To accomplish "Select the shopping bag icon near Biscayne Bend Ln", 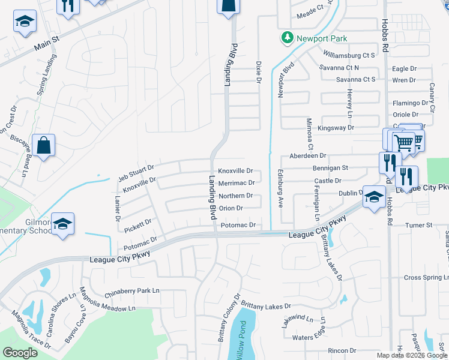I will click(x=44, y=145).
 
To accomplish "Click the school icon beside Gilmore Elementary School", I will click(x=63, y=224).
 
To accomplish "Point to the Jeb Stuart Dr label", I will click(x=136, y=172).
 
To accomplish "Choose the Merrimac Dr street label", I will click(x=236, y=183).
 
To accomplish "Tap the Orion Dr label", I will click(x=231, y=208).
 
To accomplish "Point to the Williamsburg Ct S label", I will click(x=349, y=55).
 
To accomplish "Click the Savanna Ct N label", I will click(x=355, y=68).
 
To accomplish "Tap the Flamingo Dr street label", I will click(x=409, y=103).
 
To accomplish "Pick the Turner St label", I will click(x=419, y=225).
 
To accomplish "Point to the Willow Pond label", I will click(x=240, y=346).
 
